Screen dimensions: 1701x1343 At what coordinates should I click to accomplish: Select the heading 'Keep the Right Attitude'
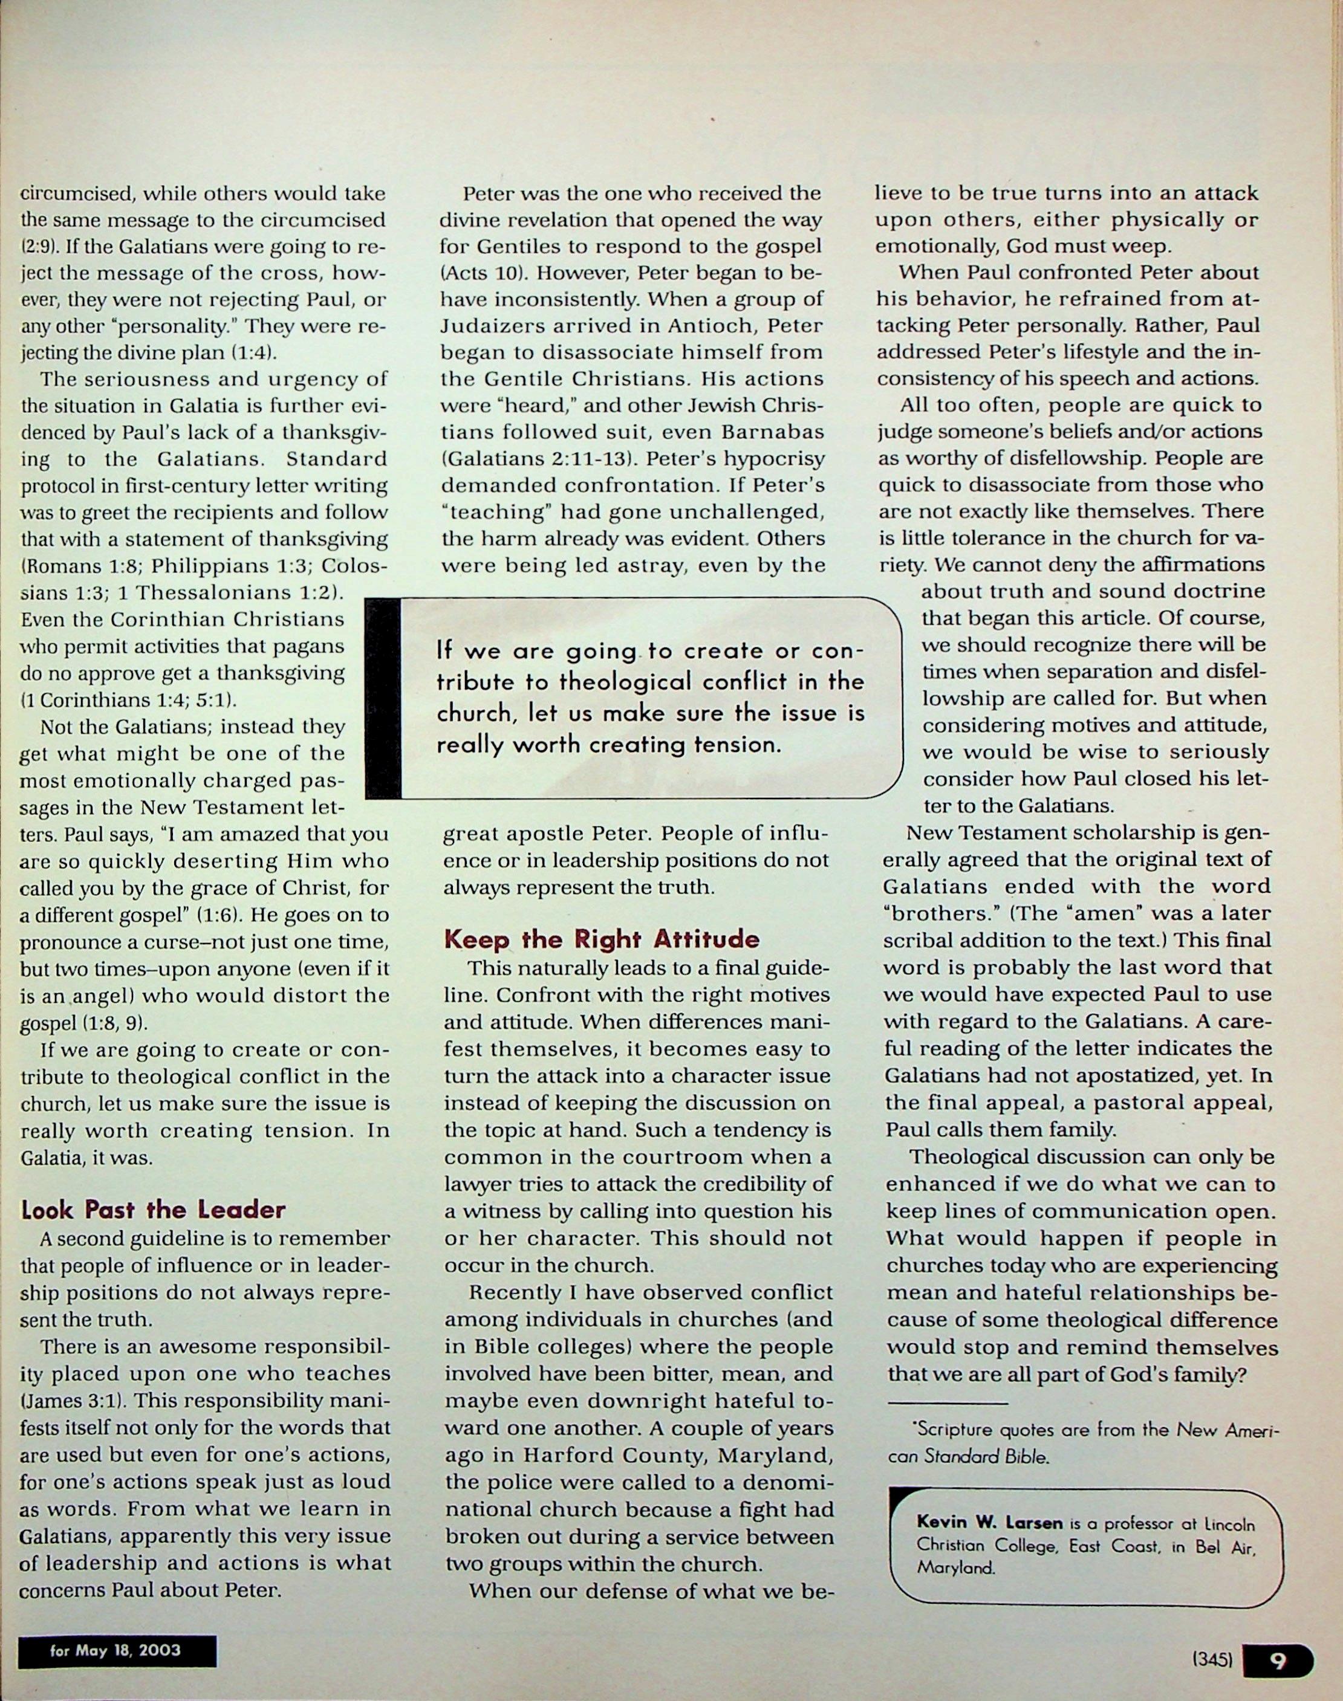(602, 939)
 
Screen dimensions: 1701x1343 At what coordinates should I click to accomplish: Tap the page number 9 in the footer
(1278, 1661)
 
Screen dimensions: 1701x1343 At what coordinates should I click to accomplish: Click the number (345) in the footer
(1212, 1661)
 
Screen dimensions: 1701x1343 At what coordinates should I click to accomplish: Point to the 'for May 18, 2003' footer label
(115, 1650)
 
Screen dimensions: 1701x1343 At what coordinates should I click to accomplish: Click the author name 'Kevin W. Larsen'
(989, 1523)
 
